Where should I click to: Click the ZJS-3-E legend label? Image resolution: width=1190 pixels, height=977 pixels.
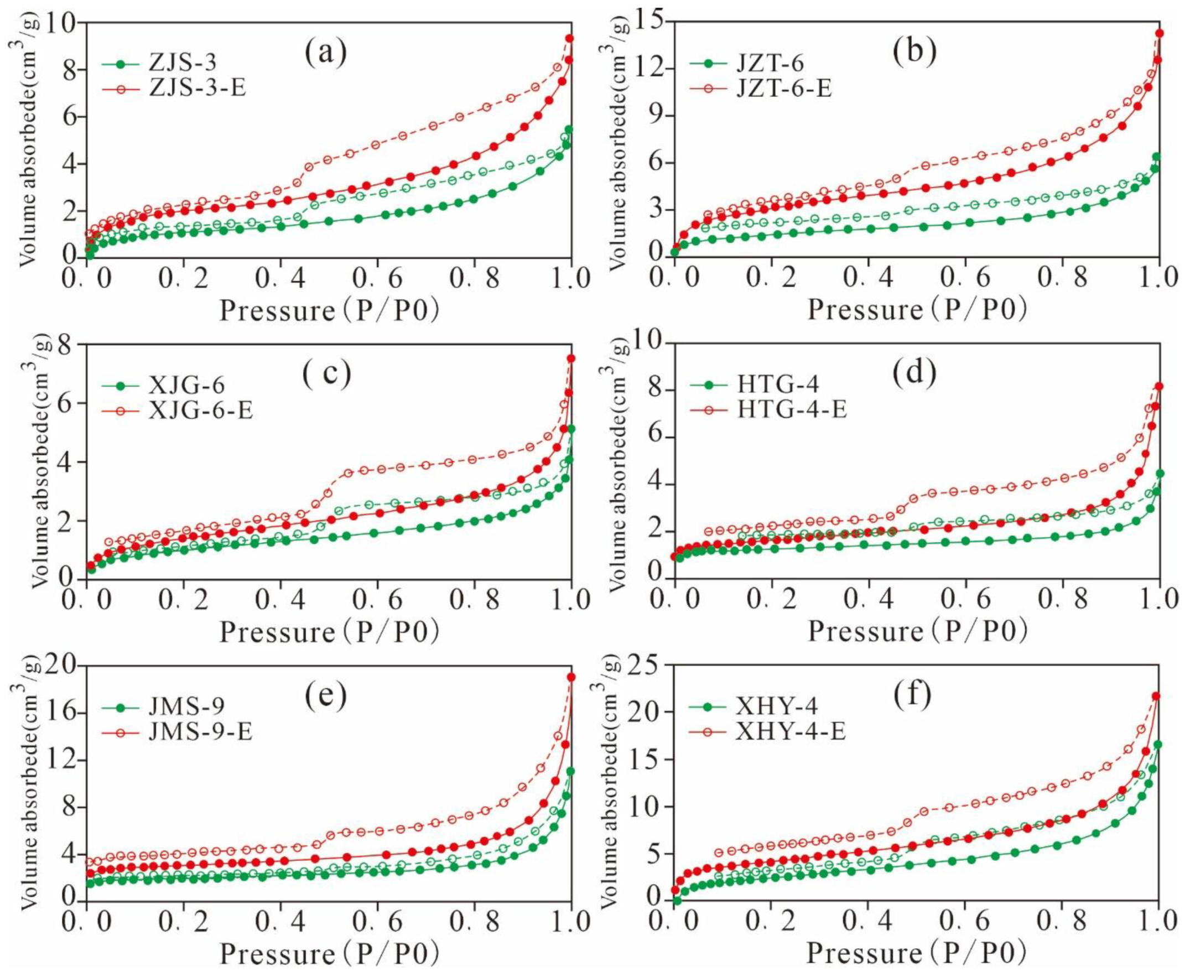click(197, 89)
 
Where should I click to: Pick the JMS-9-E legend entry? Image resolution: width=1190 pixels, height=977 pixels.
click(200, 731)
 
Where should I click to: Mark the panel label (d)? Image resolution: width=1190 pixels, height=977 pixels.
click(915, 373)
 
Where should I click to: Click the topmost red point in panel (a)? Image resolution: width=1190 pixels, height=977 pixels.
click(569, 38)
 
